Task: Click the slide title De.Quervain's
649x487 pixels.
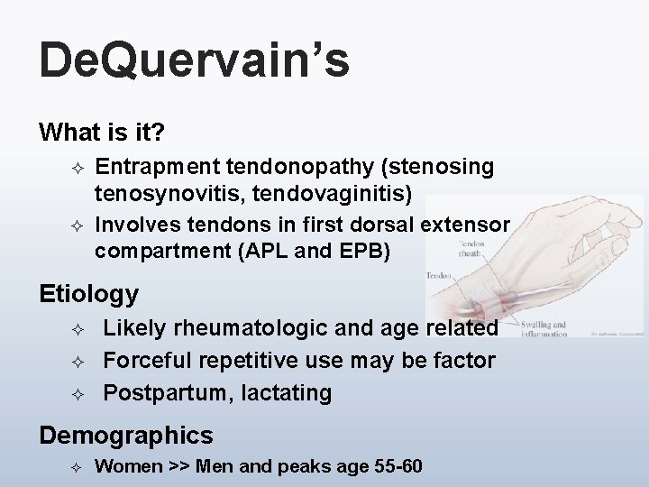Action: [193, 61]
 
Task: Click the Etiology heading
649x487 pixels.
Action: [88, 293]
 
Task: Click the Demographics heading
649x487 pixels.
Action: [126, 436]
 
